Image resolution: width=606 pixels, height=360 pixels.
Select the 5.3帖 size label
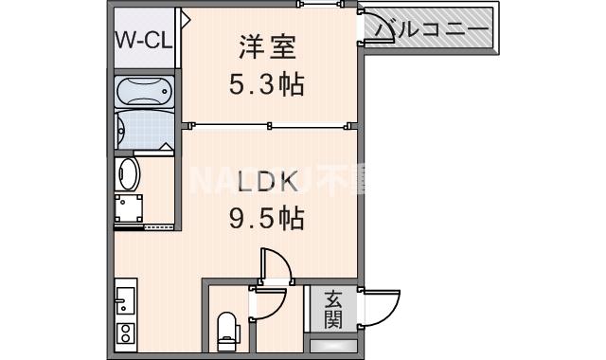tap(265, 85)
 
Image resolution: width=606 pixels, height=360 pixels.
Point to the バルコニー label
tap(431, 29)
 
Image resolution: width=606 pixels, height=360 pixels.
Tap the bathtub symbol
tap(144, 92)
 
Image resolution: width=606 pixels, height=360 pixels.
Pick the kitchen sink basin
tap(126, 303)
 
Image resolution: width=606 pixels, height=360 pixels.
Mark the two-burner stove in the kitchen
tap(125, 334)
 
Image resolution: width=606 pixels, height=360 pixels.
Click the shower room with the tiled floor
tap(144, 130)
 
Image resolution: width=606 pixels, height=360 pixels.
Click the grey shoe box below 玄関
tap(334, 346)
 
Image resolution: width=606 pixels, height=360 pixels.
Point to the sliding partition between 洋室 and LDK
tap(270, 123)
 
